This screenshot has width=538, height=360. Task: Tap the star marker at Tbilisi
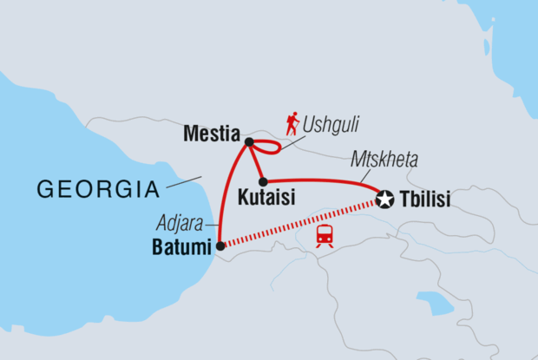point(385,200)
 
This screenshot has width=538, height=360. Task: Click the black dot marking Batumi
point(220,246)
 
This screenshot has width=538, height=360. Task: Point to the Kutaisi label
point(266,199)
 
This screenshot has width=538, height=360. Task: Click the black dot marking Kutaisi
point(262,181)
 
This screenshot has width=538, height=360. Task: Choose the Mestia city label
point(212,135)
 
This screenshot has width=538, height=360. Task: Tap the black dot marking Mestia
point(249,141)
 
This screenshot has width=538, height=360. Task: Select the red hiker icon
point(292,122)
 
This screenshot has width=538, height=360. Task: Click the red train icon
point(325,234)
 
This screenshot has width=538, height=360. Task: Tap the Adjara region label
point(181,222)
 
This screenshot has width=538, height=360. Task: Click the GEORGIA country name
point(95,188)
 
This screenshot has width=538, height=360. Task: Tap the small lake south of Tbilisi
point(436,303)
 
